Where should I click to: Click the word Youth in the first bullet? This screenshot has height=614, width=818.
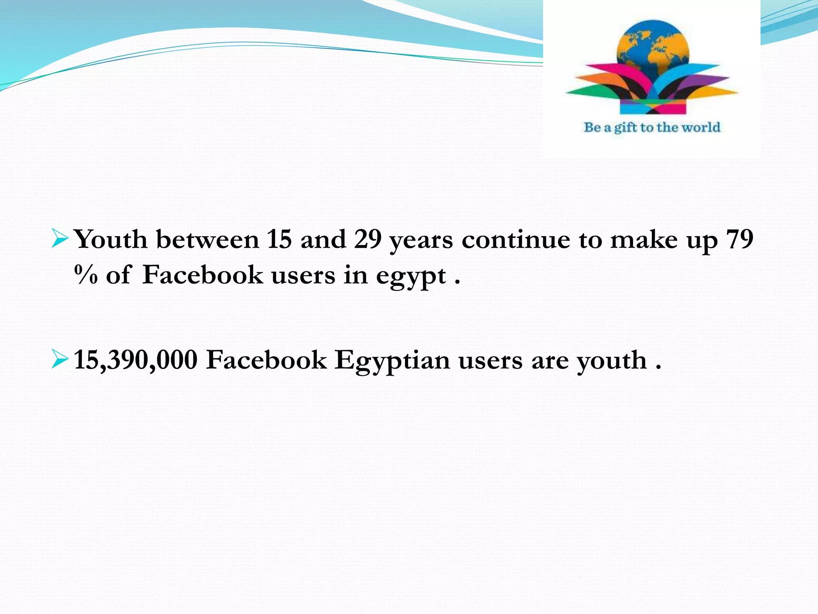point(111,240)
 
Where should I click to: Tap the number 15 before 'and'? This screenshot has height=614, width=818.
point(279,240)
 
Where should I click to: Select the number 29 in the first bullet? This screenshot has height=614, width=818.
point(367,240)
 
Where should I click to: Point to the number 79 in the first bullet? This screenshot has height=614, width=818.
point(740,240)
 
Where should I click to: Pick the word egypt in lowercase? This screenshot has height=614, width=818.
point(411,277)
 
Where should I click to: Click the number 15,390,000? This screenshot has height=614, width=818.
point(136,360)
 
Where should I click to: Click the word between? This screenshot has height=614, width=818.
point(207,240)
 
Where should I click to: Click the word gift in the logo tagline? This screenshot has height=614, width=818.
point(625,128)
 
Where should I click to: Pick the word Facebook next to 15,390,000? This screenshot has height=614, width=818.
point(266,360)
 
